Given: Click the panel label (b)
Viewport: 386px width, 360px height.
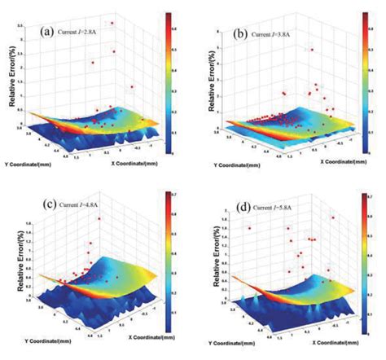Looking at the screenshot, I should (x=240, y=35).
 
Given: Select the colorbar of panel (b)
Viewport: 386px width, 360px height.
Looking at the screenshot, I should (x=366, y=81).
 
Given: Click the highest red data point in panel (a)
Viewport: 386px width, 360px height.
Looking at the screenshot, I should (x=113, y=23).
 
